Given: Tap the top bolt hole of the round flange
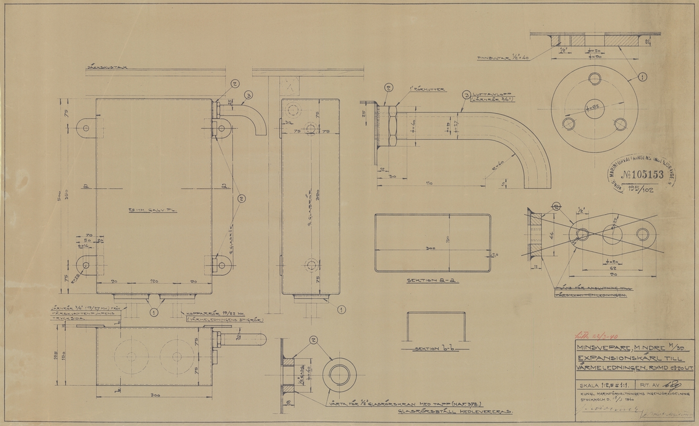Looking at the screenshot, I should [594, 78].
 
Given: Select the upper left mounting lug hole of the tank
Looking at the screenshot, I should [86, 126].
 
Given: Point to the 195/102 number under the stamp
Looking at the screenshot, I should [641, 190].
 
